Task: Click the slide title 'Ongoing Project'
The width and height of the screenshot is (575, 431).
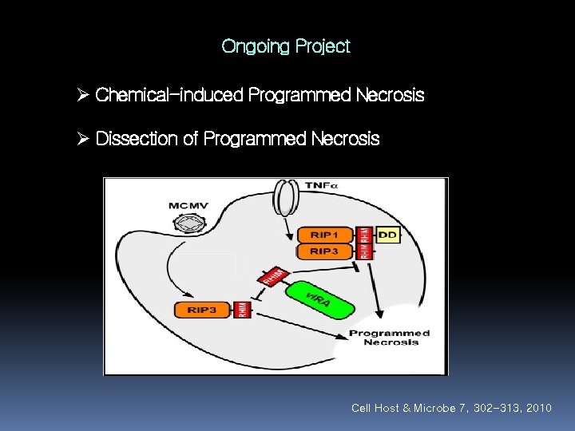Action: pyautogui.click(x=286, y=46)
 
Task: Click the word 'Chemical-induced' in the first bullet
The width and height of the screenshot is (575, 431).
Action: pyautogui.click(x=169, y=96)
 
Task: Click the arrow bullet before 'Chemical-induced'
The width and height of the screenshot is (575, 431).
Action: pyautogui.click(x=82, y=96)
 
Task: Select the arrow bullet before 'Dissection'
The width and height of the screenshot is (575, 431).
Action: pyautogui.click(x=82, y=139)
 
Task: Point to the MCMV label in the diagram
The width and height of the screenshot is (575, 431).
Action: pyautogui.click(x=188, y=206)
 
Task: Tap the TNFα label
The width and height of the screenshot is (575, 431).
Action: pyautogui.click(x=322, y=185)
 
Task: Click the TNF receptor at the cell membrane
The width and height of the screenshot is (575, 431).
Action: pyautogui.click(x=284, y=199)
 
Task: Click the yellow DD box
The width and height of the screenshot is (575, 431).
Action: pyautogui.click(x=387, y=235)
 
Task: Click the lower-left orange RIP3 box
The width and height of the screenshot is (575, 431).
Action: pyautogui.click(x=202, y=310)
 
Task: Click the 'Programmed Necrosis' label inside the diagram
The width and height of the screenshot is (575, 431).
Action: pyautogui.click(x=390, y=337)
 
